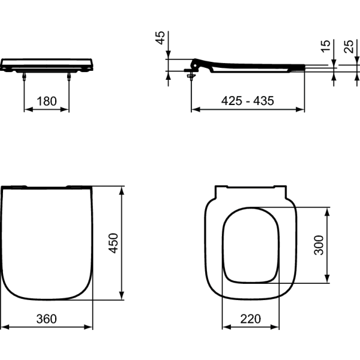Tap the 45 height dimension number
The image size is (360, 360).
(160, 39)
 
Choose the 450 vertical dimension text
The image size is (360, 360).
(113, 242)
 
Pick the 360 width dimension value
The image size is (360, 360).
(46, 319)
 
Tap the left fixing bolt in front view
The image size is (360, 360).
(24, 76)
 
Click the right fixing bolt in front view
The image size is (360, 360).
(69, 76)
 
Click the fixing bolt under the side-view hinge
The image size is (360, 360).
(191, 75)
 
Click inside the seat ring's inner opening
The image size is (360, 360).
(251, 245)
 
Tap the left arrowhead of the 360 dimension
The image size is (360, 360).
(4, 327)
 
